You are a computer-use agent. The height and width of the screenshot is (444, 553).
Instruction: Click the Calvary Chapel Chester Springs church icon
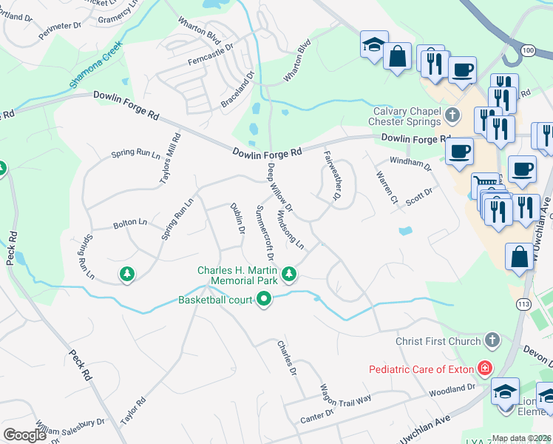[x=453, y=116]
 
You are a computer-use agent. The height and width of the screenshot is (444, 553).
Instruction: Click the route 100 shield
[x=527, y=50]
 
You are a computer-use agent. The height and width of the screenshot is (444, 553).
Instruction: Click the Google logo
[x=25, y=434]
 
